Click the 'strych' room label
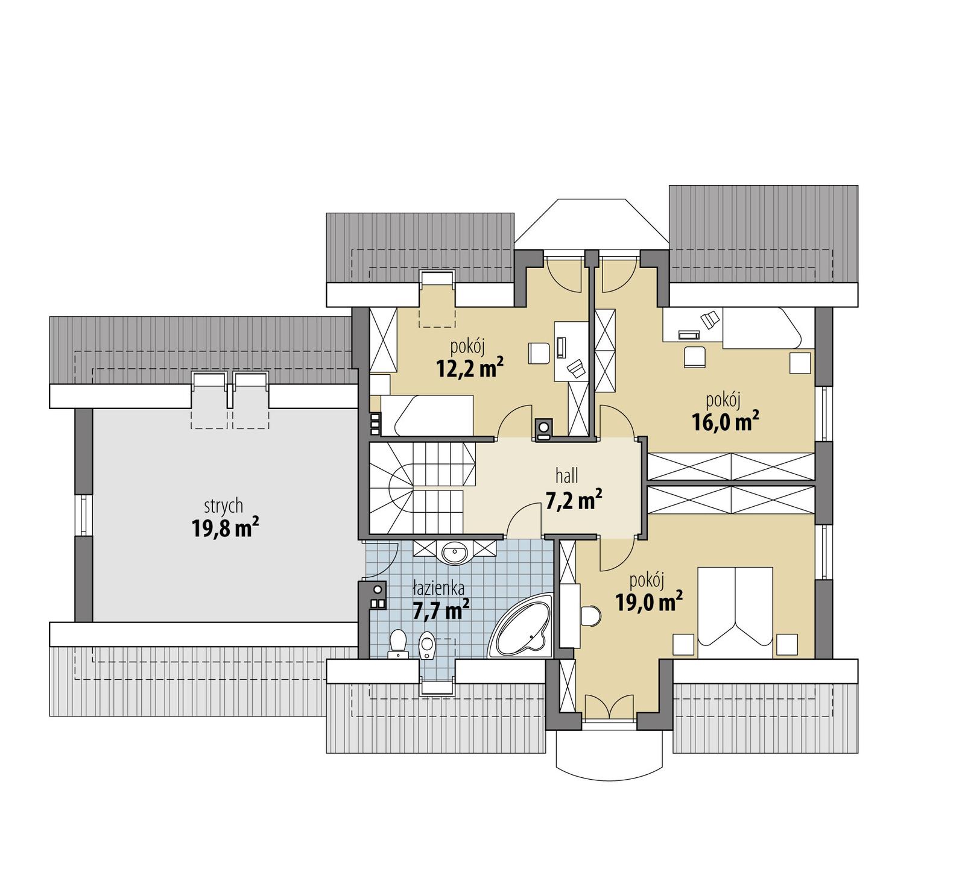223,505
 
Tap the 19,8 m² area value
225,528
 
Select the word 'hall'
566,476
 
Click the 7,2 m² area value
573,500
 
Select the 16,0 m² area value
724,422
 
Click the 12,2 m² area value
470,368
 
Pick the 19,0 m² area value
648,601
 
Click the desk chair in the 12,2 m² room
539,353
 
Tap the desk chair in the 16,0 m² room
694,356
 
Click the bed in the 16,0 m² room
761,329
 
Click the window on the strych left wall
84,515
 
